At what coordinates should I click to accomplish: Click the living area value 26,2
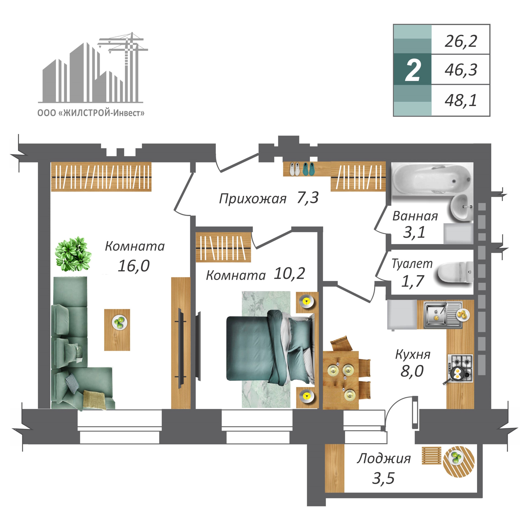click(x=461, y=41)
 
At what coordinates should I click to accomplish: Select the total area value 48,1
click(x=461, y=100)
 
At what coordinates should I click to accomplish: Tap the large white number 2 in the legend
click(x=413, y=71)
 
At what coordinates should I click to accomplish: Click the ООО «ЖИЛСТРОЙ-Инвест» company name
click(x=91, y=113)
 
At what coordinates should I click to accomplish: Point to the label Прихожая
click(x=253, y=199)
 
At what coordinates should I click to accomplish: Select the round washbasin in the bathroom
click(x=462, y=207)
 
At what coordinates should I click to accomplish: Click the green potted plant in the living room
click(x=73, y=254)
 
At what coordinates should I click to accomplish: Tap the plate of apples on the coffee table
click(x=120, y=322)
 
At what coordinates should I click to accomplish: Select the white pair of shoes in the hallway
click(x=295, y=169)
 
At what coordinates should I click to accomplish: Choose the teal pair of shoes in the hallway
click(x=309, y=169)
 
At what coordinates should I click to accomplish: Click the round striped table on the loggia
click(x=459, y=461)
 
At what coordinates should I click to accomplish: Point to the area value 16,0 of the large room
click(x=134, y=266)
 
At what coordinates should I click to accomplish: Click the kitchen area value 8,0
click(x=412, y=371)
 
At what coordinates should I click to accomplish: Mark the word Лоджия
click(x=384, y=459)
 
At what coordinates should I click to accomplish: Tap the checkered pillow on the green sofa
click(x=72, y=383)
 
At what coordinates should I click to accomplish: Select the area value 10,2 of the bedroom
click(x=289, y=273)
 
